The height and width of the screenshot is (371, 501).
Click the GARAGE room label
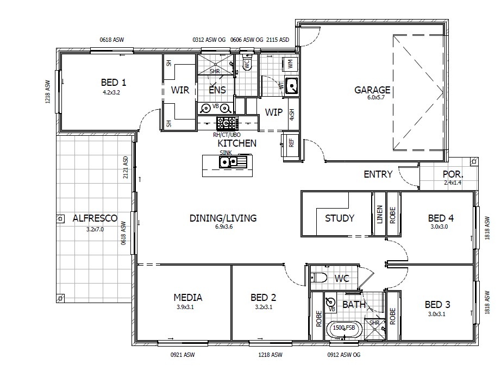[372, 90]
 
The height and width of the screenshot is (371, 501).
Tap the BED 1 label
[114, 83]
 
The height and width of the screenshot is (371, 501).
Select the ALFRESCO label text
[95, 218]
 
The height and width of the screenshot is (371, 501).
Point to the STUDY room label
[340, 218]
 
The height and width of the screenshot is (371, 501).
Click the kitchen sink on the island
[233, 162]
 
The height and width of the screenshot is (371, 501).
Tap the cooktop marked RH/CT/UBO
[227, 123]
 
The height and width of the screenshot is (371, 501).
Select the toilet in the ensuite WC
[247, 62]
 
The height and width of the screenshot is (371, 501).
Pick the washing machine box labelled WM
[290, 64]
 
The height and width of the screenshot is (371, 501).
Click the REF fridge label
[291, 143]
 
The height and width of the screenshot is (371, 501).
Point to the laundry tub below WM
[291, 86]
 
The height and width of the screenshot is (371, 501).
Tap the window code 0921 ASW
[183, 355]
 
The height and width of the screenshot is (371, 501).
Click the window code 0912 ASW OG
[344, 355]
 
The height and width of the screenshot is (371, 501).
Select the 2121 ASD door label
[125, 167]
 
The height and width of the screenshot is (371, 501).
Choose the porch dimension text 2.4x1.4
[453, 183]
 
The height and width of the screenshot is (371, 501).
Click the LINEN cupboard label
[380, 214]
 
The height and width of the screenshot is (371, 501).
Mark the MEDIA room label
[188, 298]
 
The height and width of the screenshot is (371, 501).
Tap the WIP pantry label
[274, 112]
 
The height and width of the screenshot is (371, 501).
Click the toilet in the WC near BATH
[319, 278]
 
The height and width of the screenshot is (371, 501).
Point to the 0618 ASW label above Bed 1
[112, 40]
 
